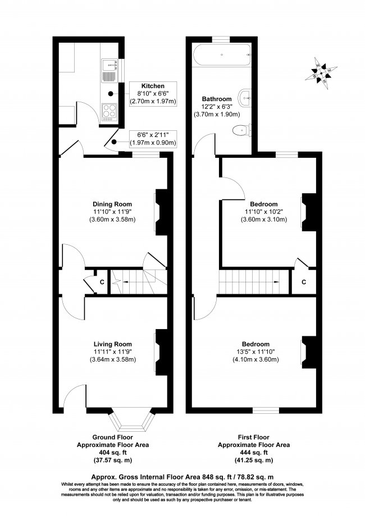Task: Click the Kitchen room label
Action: click(153, 86)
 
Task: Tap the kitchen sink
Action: click(109, 70)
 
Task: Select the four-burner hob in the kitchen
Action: click(109, 111)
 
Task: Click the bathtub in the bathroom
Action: click(222, 55)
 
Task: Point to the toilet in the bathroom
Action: click(242, 131)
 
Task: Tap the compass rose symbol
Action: click(321, 73)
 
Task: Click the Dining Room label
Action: click(112, 204)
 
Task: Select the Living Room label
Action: click(112, 345)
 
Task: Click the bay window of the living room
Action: click(131, 420)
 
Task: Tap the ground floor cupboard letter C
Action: click(102, 282)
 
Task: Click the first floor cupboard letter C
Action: click(304, 282)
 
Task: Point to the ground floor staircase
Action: click(138, 282)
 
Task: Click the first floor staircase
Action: click(254, 282)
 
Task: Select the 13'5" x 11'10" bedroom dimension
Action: click(255, 352)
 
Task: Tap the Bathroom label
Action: click(217, 99)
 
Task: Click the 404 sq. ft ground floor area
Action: click(112, 453)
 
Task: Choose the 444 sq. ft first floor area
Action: click(254, 453)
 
